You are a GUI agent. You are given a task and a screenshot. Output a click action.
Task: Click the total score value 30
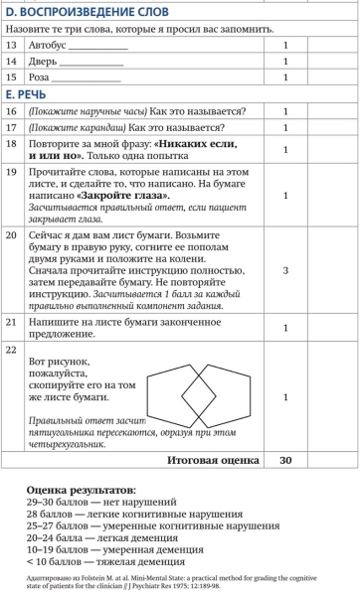(x=285, y=461)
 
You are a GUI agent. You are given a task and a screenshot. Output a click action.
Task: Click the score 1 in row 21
(x=285, y=327)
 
